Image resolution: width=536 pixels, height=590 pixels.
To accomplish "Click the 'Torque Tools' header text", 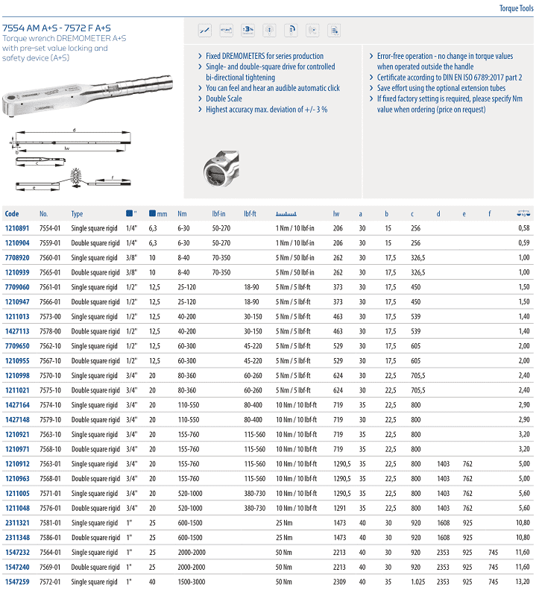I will coord(515,8).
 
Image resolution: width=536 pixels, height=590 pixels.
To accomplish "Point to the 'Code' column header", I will coord(12,214).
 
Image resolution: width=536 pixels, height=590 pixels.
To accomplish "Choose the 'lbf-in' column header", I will coord(220,214).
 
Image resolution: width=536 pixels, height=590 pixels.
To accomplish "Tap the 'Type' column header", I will coord(77,214).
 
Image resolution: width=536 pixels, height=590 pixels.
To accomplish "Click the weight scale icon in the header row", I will coord(523,213).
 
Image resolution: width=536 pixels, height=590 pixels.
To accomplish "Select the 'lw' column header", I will coord(335,214).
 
